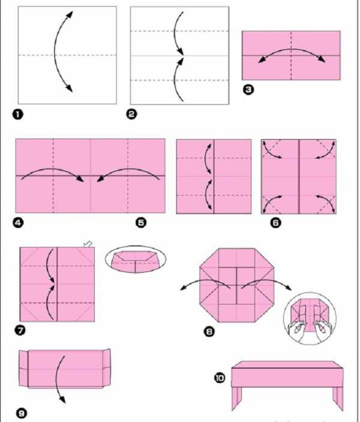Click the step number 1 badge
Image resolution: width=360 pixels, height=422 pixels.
[18, 114]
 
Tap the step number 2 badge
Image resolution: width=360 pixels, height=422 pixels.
[131, 114]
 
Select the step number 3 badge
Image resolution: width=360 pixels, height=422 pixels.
[248, 89]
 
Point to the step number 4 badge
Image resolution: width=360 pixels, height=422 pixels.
[19, 222]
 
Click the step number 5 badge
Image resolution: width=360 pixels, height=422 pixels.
[141, 222]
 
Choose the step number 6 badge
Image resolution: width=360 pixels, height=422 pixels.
[275, 222]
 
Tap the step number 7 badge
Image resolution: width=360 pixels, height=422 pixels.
[20, 330]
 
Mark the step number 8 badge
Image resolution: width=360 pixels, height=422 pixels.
[209, 331]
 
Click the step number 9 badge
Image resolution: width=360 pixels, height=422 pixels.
[22, 413]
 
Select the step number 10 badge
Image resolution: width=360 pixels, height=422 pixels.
[220, 378]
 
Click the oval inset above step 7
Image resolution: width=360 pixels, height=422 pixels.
[136, 259]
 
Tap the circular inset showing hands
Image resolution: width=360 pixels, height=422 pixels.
[310, 319]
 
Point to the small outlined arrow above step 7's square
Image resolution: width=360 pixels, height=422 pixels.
[88, 244]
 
